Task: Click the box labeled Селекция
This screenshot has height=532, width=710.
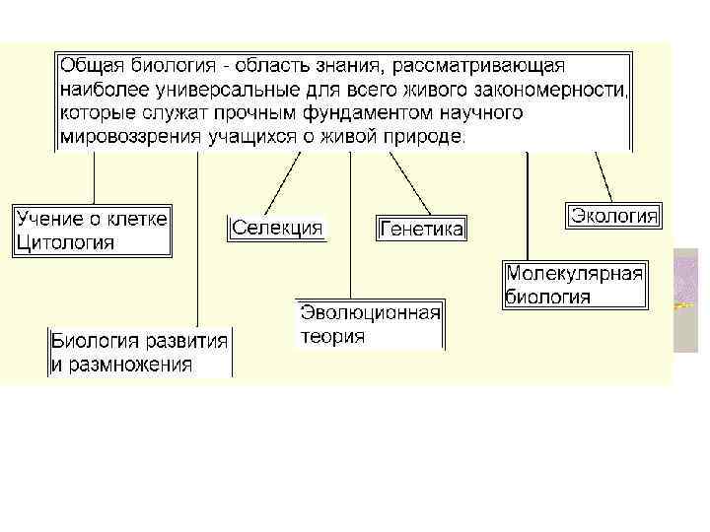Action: tap(277, 229)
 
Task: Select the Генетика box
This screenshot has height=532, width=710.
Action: tap(420, 230)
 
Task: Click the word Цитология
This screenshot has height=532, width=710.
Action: tap(65, 241)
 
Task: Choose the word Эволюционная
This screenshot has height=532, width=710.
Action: tap(370, 313)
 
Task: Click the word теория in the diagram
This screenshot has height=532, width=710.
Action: tap(332, 336)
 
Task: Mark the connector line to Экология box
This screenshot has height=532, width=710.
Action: tap(604, 177)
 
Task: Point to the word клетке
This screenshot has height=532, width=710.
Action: tap(137, 218)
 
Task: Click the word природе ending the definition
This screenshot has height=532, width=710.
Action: tap(423, 137)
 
